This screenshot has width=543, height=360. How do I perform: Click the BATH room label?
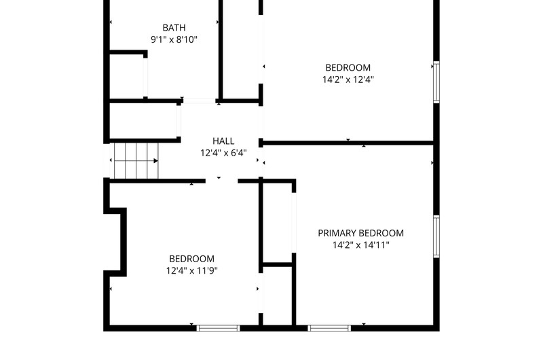(174, 28)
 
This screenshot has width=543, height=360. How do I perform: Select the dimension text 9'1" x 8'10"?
(174, 39)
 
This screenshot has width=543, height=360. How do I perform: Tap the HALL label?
(223, 141)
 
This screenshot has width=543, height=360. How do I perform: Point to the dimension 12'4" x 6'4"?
(223, 153)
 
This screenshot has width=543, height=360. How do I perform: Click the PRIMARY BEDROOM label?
(361, 233)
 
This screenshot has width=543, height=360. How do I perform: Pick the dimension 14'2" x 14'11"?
(361, 245)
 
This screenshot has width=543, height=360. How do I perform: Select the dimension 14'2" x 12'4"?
(348, 79)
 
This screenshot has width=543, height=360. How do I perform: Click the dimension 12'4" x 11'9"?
(192, 270)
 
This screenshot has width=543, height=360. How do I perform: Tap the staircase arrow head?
(156, 161)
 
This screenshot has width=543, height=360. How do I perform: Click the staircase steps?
(136, 161)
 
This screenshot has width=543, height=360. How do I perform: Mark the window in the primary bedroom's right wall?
(436, 236)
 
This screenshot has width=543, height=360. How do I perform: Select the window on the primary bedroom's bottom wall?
(329, 328)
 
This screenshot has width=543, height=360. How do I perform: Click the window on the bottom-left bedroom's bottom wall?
(218, 328)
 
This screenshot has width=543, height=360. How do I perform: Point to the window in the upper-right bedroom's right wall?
(436, 82)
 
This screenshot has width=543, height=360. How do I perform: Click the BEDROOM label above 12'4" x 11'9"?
(192, 259)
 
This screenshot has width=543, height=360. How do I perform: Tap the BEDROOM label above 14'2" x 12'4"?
(348, 67)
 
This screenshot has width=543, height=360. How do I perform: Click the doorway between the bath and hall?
(199, 101)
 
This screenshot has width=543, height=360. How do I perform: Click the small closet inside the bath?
(126, 76)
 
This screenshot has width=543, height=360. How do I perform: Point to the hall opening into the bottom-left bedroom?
(222, 181)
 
